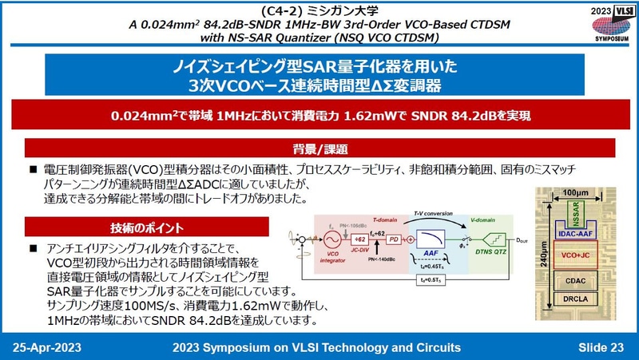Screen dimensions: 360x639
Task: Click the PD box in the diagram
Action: [x=392, y=239]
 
